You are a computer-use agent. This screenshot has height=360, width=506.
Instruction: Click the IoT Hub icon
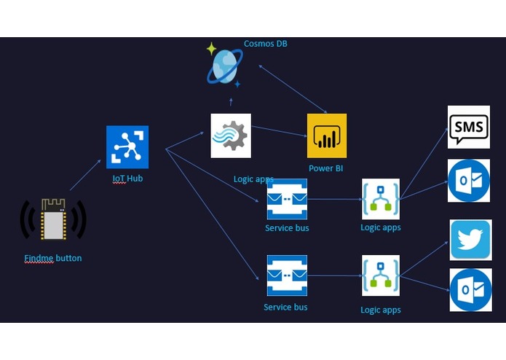tap(127, 147)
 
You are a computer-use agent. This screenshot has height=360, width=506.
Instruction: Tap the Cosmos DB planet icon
tap(225, 67)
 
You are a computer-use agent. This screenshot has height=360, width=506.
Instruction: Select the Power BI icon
tap(327, 136)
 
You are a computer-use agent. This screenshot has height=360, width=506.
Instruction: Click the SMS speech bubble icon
tap(469, 128)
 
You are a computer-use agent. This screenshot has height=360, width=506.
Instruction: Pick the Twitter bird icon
tap(471, 240)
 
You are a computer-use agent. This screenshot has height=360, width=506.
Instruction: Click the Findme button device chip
tap(53, 219)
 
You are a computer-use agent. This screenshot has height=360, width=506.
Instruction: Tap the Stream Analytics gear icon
tap(231, 136)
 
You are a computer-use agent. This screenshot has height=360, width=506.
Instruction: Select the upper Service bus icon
tap(287, 199)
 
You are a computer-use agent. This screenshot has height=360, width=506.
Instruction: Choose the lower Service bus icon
tap(287, 275)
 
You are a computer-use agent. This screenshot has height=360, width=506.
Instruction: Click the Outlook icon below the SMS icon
tap(469, 181)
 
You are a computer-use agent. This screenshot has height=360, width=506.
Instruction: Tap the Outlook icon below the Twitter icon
tap(471, 289)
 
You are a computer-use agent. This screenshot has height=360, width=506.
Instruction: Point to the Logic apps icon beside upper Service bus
tap(381, 199)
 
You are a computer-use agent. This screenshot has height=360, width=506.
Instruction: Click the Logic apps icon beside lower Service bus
tap(381, 275)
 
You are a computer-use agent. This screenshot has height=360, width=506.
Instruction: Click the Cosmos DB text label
tap(265, 44)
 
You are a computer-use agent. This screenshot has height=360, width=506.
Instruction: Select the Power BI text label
tap(325, 168)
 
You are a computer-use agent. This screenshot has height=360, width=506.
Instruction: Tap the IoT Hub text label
tap(127, 179)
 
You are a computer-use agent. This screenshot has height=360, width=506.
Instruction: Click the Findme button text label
tap(53, 258)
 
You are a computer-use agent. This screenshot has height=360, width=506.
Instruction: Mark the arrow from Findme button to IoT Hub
tap(85, 175)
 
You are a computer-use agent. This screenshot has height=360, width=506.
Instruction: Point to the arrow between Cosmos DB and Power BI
tap(293, 89)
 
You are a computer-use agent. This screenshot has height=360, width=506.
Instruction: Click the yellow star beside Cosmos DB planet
tap(211, 49)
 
